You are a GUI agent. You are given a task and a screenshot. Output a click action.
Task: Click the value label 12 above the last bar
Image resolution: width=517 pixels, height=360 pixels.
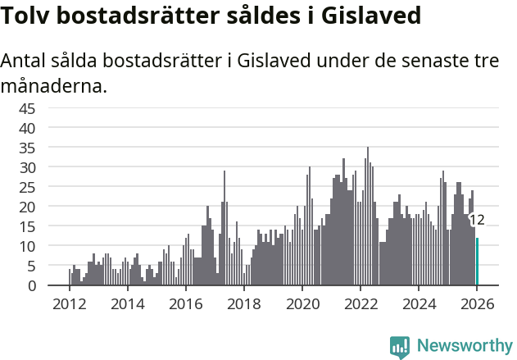click(477, 220)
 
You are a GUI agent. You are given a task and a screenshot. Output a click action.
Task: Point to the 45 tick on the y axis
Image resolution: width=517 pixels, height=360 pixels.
click(49, 108)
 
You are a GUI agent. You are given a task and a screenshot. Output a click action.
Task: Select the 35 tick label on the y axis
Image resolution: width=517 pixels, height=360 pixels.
click(49, 148)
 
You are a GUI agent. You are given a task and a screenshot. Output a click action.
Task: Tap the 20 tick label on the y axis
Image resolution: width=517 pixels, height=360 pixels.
click(49, 207)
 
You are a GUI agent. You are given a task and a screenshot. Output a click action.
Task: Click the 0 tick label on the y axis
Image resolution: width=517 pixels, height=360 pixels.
click(53, 285)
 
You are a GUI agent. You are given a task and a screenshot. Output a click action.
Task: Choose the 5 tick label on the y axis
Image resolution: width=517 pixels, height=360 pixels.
click(53, 266)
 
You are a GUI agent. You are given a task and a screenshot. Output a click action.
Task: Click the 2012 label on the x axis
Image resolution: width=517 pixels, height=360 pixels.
click(69, 303)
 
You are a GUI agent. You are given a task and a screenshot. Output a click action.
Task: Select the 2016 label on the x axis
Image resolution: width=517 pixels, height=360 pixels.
click(185, 303)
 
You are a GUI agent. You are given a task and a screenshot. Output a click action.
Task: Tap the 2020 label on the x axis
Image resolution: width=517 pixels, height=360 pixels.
click(302, 303)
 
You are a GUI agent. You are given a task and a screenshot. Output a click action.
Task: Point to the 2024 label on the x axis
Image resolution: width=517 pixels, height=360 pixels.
click(419, 303)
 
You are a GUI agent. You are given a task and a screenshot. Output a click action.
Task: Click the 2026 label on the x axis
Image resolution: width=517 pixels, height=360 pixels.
click(477, 303)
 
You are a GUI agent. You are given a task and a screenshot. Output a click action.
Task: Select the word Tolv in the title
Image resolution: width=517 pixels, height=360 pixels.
click(27, 16)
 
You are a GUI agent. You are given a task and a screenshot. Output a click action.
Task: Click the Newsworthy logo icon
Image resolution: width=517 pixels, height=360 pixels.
click(400, 346)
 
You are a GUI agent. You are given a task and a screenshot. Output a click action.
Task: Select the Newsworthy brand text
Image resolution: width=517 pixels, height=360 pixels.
click(464, 346)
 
